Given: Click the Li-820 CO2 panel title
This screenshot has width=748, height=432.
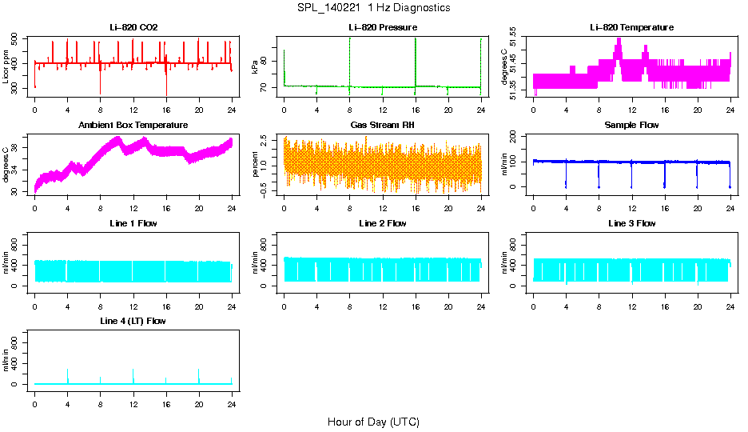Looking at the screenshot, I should pyautogui.click(x=133, y=27).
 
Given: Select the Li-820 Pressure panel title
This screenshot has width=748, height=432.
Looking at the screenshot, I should pyautogui.click(x=382, y=27).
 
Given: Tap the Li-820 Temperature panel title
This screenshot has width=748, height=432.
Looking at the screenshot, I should pyautogui.click(x=631, y=27).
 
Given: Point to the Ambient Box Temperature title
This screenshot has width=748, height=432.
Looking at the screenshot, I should pyautogui.click(x=133, y=125).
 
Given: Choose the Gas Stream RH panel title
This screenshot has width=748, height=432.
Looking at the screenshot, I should pyautogui.click(x=382, y=125).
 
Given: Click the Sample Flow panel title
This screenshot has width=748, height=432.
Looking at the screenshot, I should pyautogui.click(x=631, y=125).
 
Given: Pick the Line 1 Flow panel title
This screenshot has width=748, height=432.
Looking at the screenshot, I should pyautogui.click(x=133, y=223).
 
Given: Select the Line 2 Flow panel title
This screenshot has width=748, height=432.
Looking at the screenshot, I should pyautogui.click(x=382, y=223).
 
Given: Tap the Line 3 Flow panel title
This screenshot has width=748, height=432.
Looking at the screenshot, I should pyautogui.click(x=631, y=223).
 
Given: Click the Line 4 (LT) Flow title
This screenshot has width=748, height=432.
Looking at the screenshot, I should pyautogui.click(x=133, y=321).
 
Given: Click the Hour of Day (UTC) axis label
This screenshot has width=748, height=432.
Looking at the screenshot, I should pyautogui.click(x=373, y=422).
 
